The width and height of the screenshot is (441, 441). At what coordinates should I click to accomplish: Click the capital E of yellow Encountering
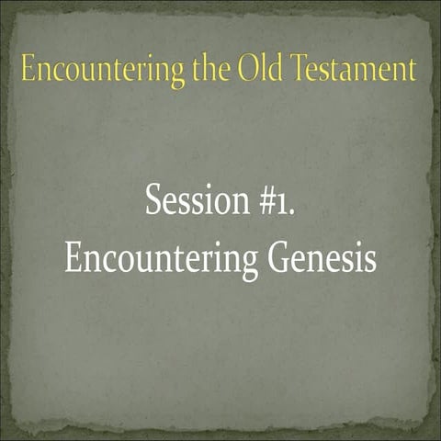click(x=28, y=70)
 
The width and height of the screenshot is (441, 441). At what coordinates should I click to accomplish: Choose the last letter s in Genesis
click(x=369, y=261)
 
